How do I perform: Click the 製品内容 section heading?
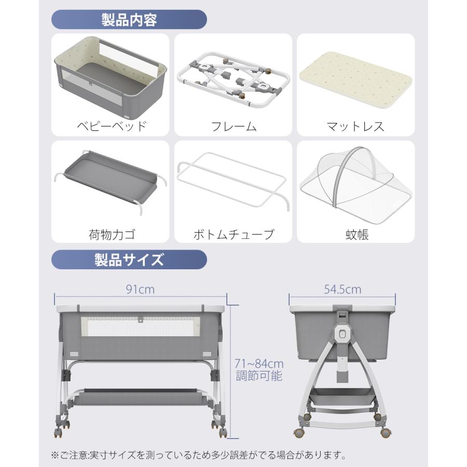[x=129, y=20]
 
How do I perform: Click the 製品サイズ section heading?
[x=129, y=260]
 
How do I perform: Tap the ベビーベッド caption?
[x=112, y=126]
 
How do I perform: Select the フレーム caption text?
[x=233, y=127]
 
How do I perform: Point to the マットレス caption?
[x=355, y=127]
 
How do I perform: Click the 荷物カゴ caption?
[x=112, y=235]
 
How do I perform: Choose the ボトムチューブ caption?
[x=233, y=235]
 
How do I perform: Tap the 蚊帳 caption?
[x=357, y=235]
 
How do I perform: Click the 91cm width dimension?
[x=140, y=289]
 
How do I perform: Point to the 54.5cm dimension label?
[x=342, y=289]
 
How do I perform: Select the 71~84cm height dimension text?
[x=259, y=364]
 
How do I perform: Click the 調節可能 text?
[x=259, y=376]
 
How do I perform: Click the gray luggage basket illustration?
[x=110, y=178]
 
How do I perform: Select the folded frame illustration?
[x=233, y=79]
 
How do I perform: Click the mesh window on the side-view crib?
[x=140, y=326]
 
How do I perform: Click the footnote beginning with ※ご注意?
[x=199, y=455]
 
